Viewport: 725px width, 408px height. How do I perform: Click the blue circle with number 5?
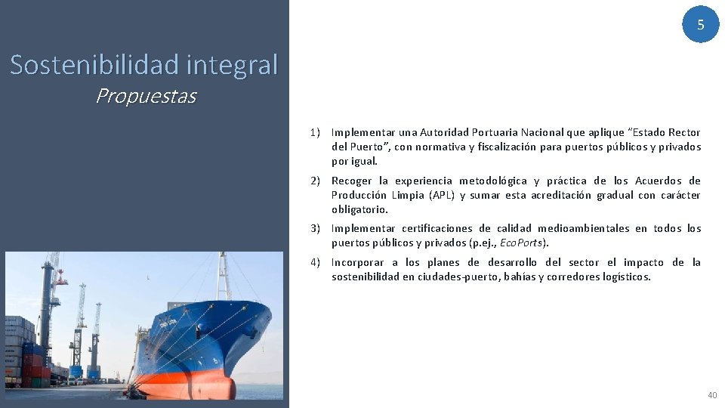[700, 24]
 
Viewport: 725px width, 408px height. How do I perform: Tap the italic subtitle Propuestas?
[146, 97]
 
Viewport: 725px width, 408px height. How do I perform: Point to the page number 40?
[712, 395]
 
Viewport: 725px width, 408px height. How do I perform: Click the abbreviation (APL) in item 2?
[442, 195]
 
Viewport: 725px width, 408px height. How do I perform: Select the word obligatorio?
[359, 209]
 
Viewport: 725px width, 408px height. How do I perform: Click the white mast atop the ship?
[223, 276]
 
